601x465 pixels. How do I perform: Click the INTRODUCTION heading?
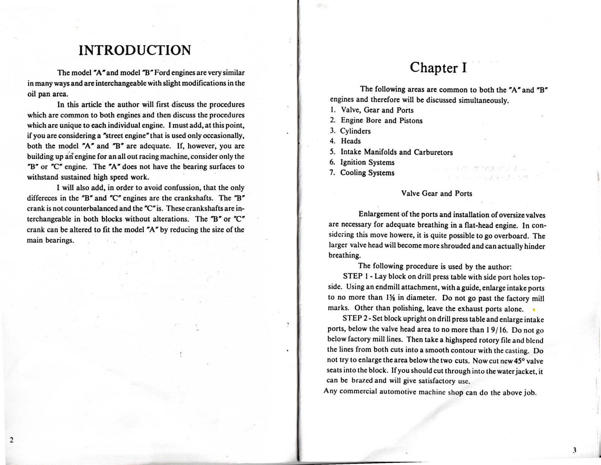tap(135, 50)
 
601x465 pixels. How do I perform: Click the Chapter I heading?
tap(438, 67)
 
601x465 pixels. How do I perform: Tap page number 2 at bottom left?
tap(12, 440)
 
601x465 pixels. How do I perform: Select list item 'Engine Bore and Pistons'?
tap(381, 120)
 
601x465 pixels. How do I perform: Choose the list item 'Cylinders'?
tap(355, 131)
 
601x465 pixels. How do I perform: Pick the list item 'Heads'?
tap(350, 141)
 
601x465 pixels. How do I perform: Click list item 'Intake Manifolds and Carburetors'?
tap(396, 152)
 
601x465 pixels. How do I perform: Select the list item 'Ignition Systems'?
tap(367, 162)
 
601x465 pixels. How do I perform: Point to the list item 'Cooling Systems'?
tap(367, 173)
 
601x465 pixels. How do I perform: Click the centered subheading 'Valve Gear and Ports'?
tap(436, 193)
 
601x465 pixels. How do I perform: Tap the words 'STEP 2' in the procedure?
tap(352, 319)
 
